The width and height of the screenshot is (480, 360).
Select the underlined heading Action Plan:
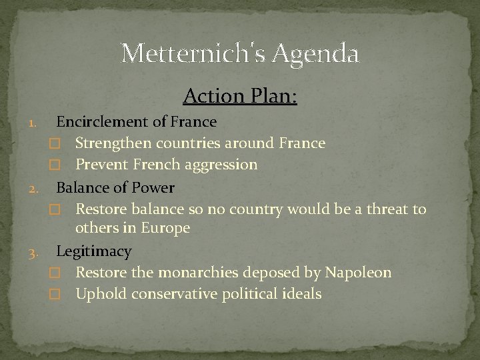(240, 97)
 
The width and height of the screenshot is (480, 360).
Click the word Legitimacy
(94, 251)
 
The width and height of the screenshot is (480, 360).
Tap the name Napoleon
(358, 273)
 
